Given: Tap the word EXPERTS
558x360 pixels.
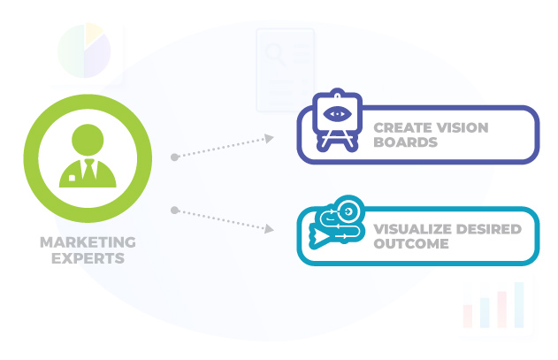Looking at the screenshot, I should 88,259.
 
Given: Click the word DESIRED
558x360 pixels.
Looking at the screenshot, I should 489,229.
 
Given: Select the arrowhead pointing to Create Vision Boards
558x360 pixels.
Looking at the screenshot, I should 268,138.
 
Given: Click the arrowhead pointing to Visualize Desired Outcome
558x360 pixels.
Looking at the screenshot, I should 268,229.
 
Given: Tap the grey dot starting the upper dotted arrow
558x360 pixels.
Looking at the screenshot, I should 175,157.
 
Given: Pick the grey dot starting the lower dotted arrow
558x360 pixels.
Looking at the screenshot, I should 175,211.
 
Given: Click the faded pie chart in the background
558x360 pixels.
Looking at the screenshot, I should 83,51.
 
